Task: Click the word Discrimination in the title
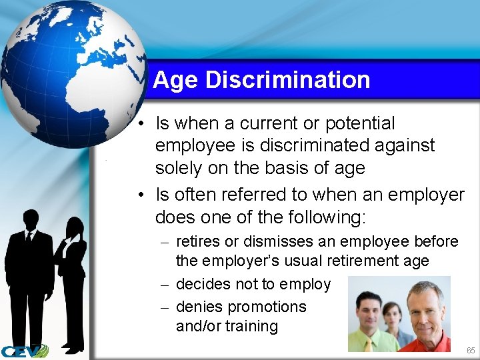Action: click(x=287, y=80)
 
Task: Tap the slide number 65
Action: click(x=471, y=351)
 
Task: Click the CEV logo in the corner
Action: click(x=25, y=351)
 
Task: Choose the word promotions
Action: click(x=267, y=307)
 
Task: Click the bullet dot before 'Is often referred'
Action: click(x=143, y=195)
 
